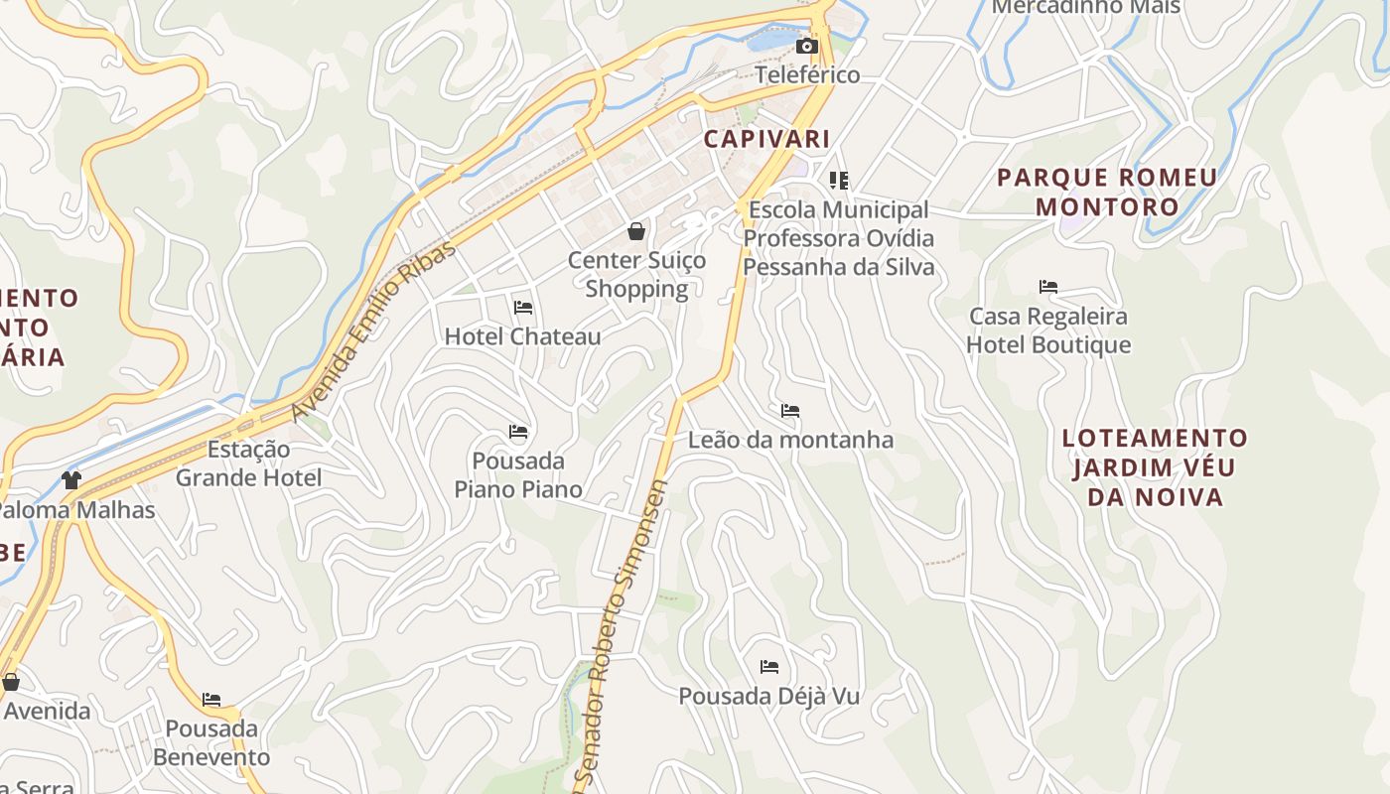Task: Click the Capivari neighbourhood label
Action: [x=766, y=139]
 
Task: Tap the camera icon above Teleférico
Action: [x=807, y=46]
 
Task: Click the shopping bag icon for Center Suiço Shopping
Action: [x=636, y=231]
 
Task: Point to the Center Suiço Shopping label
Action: [x=636, y=275]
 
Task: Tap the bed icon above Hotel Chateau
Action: [x=523, y=308]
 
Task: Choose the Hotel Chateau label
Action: [x=522, y=336]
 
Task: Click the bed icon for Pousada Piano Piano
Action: [x=518, y=432]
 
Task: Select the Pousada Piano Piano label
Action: [x=518, y=475]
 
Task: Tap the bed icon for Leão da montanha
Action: [x=790, y=411]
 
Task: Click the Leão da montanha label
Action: [x=790, y=440]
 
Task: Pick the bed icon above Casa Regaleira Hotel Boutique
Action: [x=1048, y=287]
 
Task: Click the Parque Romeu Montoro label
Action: [x=1107, y=193]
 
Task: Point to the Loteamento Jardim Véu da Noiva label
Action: [x=1155, y=467]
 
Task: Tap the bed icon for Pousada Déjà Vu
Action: [x=768, y=667]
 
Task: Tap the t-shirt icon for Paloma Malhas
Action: [x=70, y=480]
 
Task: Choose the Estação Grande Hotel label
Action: [x=248, y=463]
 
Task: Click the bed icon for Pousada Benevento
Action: [x=211, y=700]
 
